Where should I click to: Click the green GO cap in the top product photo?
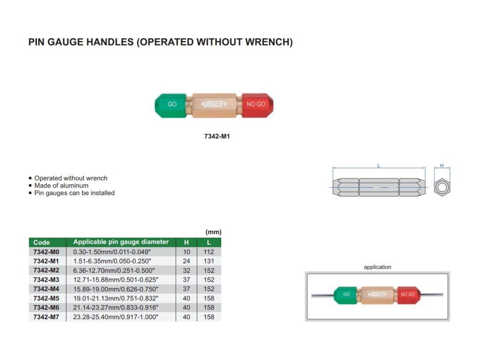pos(171,105)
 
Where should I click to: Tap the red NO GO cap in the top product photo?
pos(257,105)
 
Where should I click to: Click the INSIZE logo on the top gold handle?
pos(214,104)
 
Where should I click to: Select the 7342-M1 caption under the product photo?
pos(217,136)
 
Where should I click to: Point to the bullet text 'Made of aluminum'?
pos(61,186)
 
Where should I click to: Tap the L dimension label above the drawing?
pos(379,165)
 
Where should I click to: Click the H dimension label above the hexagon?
pos(442,165)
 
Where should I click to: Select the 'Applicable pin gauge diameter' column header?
pos(121,242)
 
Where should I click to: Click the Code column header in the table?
pos(41,242)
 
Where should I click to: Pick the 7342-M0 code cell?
pos(46,252)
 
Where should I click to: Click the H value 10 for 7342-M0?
pos(187,252)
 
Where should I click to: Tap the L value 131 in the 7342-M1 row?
pos(209,261)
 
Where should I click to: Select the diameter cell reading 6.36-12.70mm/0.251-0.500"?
pos(114,270)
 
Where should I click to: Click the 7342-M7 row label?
pos(46,317)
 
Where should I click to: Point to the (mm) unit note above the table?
pos(213,232)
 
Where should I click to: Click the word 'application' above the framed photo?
pos(377,267)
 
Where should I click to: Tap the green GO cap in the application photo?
pos(345,295)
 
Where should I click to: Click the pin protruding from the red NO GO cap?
pos(432,295)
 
